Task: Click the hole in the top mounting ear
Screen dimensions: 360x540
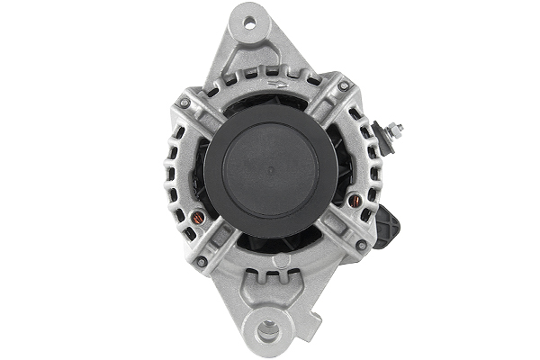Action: (x=245, y=17)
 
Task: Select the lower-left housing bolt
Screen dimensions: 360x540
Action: (x=202, y=262)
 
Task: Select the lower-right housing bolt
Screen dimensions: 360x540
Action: (x=360, y=244)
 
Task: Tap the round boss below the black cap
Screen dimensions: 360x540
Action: (x=282, y=261)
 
